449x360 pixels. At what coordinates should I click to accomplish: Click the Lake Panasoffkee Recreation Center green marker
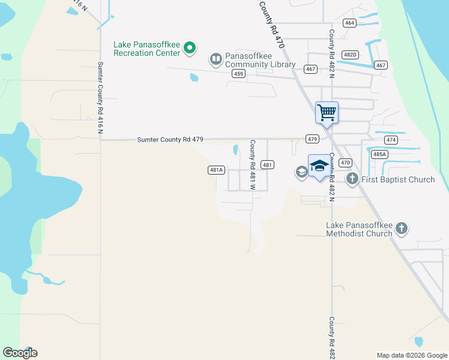pyautogui.click(x=190, y=47)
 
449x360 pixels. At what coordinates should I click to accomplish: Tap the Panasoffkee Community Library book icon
pyautogui.click(x=215, y=59)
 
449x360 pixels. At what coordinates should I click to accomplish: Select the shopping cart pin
pyautogui.click(x=327, y=112)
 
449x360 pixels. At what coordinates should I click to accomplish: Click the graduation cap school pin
pyautogui.click(x=319, y=166)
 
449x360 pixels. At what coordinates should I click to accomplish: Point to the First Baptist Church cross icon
pyautogui.click(x=352, y=179)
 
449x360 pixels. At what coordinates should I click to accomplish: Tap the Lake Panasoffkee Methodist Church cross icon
pyautogui.click(x=401, y=228)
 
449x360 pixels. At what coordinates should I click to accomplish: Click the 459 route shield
pyautogui.click(x=238, y=74)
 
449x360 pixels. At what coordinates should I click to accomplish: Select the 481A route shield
pyautogui.click(x=217, y=170)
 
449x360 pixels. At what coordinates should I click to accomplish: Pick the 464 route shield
pyautogui.click(x=349, y=23)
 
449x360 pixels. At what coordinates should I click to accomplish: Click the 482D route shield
pyautogui.click(x=350, y=55)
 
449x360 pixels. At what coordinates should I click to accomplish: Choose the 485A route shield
pyautogui.click(x=379, y=154)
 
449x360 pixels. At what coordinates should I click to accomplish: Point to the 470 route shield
pyautogui.click(x=345, y=163)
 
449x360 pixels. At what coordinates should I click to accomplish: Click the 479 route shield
pyautogui.click(x=312, y=139)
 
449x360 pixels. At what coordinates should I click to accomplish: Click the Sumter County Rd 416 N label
pyautogui.click(x=100, y=99)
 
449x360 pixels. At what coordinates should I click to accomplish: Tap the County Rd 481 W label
pyautogui.click(x=253, y=165)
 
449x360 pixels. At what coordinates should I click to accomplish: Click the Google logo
pyautogui.click(x=20, y=353)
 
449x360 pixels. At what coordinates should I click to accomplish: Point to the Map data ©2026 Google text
pyautogui.click(x=412, y=355)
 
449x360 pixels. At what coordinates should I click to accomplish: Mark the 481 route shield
pyautogui.click(x=268, y=165)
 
